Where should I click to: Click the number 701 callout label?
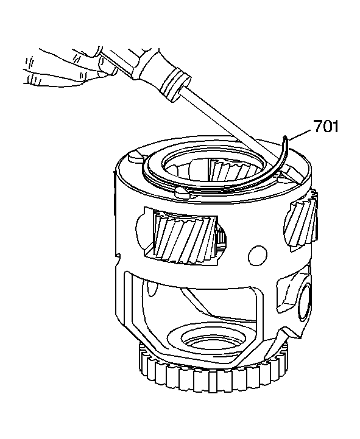tap(326, 126)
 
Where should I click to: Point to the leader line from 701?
tap(300, 134)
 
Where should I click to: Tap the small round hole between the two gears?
tap(258, 255)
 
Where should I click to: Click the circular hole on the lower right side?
tap(304, 303)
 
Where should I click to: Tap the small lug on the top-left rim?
tap(136, 157)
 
